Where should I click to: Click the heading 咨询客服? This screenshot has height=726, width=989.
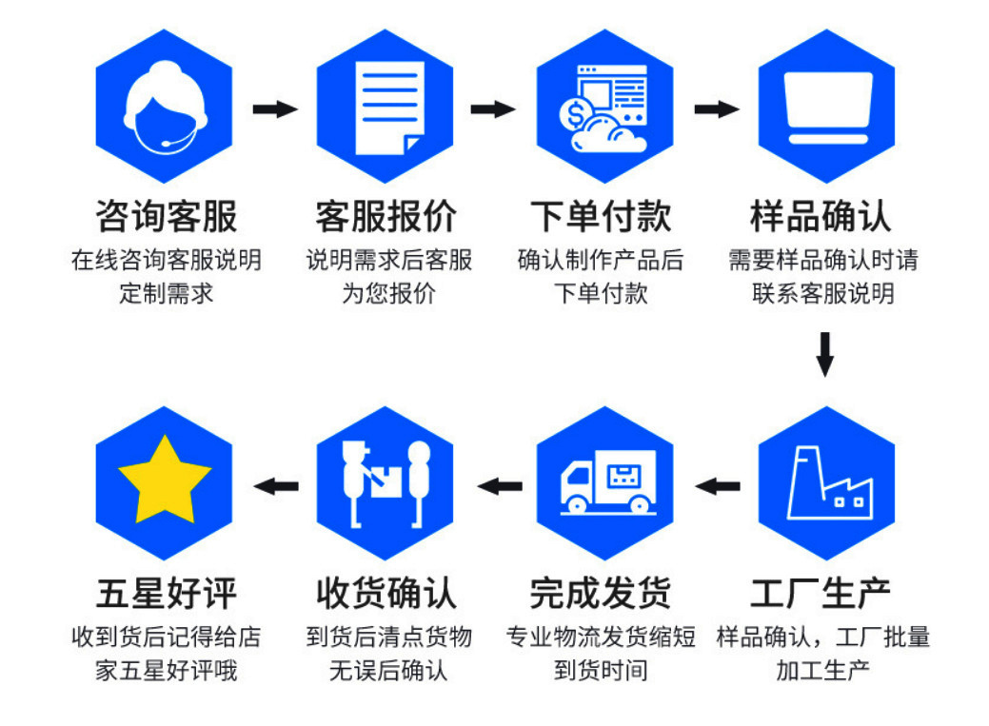(166, 215)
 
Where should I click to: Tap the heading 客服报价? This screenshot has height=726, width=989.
(386, 215)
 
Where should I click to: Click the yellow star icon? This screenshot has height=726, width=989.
(165, 480)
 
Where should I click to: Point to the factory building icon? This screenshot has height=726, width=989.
(829, 484)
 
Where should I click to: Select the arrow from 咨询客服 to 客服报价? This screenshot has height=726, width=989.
(275, 108)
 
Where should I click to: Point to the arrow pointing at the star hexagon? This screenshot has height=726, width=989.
(275, 487)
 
